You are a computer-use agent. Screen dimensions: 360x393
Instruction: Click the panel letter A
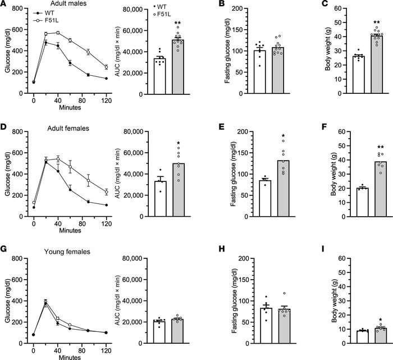pyautogui.click(x=4, y=4)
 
